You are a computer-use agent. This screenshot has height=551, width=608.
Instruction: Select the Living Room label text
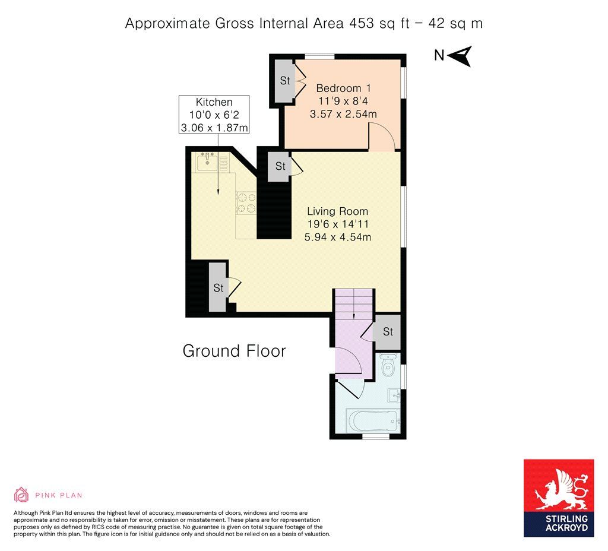point(337,211)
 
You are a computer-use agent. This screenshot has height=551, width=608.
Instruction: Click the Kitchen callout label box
point(214,115)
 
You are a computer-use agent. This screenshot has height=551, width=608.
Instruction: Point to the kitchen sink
point(207,163)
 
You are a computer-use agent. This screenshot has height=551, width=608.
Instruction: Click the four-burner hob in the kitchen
point(246,203)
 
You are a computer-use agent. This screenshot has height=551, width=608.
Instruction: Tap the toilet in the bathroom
point(387,365)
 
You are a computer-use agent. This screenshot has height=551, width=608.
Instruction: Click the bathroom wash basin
point(394,396)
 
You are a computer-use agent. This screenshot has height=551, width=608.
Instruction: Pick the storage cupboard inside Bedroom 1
point(285,81)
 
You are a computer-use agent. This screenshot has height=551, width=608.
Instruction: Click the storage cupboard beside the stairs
point(387,332)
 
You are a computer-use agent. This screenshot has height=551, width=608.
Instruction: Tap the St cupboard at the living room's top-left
point(280,166)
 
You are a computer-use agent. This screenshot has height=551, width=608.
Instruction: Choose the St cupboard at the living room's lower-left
point(218,287)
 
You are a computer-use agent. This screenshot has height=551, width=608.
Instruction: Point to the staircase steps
point(354,304)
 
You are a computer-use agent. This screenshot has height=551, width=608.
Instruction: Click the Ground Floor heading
point(234,351)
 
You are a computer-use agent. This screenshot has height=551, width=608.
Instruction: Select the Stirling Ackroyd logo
point(559,498)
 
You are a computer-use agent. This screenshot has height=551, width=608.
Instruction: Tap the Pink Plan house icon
point(21,495)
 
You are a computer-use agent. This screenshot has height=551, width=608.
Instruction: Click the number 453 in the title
point(362,23)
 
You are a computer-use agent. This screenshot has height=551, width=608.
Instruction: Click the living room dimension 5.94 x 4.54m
point(338,237)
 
